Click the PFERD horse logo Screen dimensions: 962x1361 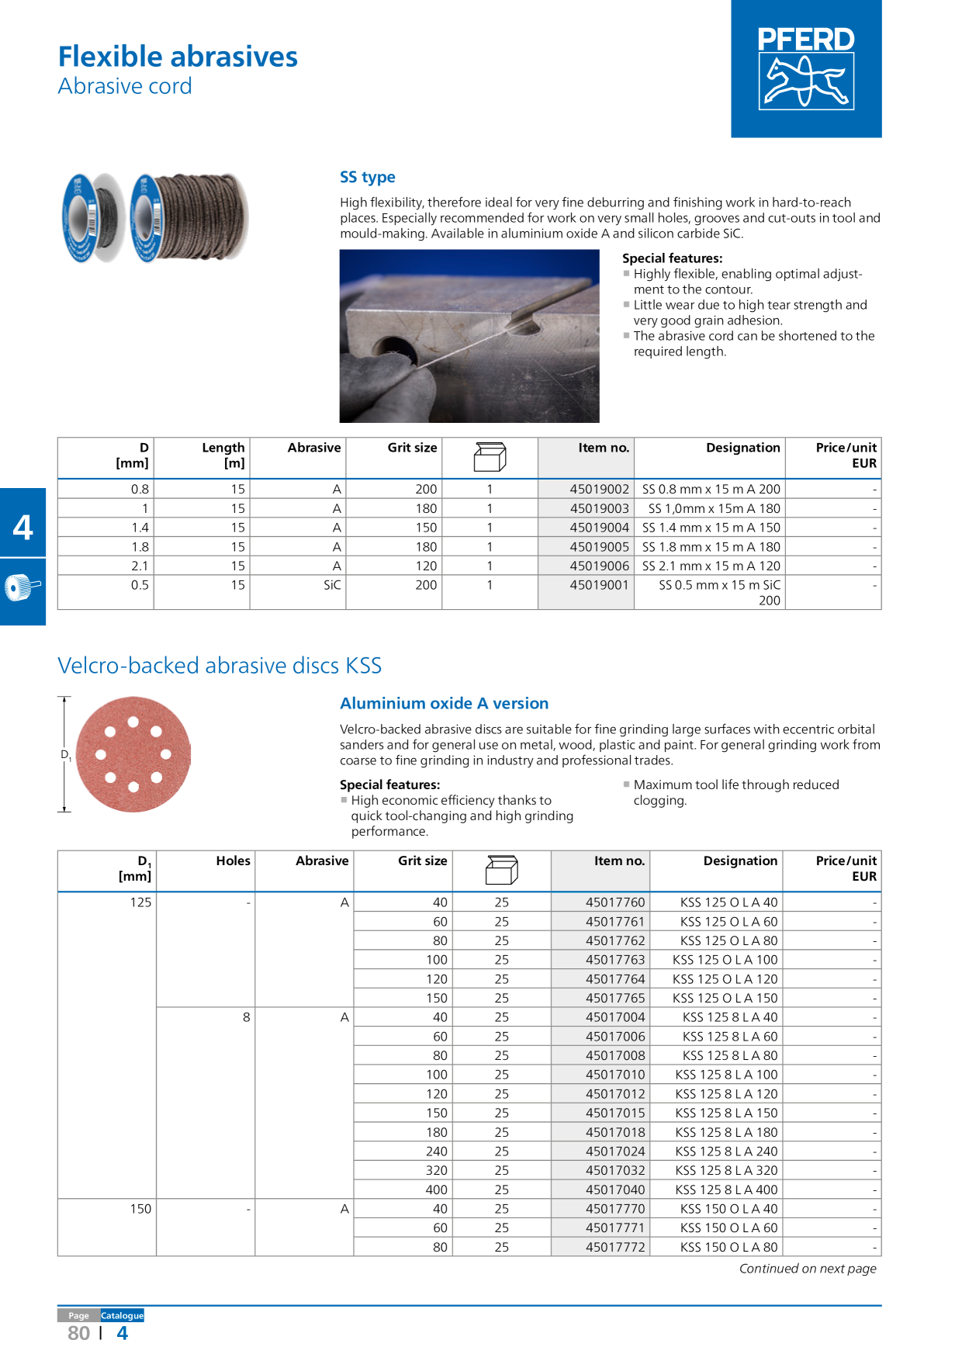[806, 68]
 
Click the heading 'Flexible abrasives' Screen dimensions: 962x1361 [178, 57]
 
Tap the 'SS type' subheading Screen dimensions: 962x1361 [367, 177]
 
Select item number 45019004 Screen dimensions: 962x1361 [599, 528]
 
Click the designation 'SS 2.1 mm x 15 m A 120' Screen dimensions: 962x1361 [711, 566]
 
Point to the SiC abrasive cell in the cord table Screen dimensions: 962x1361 [332, 585]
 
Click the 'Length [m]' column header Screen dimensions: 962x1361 [223, 455]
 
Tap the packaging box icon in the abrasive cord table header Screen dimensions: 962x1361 [490, 457]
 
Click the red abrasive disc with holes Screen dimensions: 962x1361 [133, 754]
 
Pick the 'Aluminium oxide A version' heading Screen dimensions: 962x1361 [444, 703]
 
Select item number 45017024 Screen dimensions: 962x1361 [615, 1151]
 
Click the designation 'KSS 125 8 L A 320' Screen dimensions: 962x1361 [726, 1170]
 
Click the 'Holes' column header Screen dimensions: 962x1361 [233, 861]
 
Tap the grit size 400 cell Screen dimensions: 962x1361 [436, 1190]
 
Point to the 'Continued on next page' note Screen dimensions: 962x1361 [808, 1269]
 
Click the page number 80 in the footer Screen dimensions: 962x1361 [78, 1333]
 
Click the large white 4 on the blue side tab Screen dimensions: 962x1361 [23, 528]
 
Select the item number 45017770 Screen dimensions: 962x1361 [615, 1209]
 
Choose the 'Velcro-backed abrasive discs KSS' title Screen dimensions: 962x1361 [220, 666]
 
